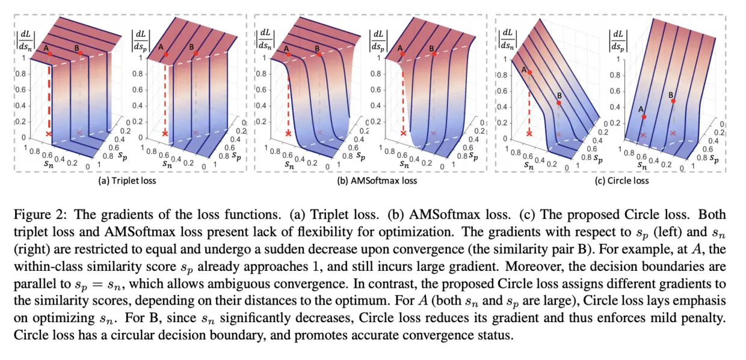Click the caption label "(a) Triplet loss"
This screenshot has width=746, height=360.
(128, 181)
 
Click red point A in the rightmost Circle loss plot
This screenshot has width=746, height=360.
(644, 116)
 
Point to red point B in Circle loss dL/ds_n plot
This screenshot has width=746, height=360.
(559, 103)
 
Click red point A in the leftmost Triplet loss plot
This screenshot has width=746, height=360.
(50, 54)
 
